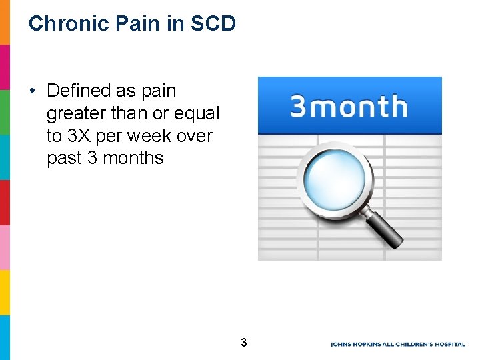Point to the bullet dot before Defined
click(33, 91)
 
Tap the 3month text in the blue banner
click(349, 107)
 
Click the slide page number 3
click(243, 343)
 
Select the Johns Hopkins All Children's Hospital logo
click(397, 344)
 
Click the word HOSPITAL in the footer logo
click(448, 344)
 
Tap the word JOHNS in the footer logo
click(341, 344)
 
